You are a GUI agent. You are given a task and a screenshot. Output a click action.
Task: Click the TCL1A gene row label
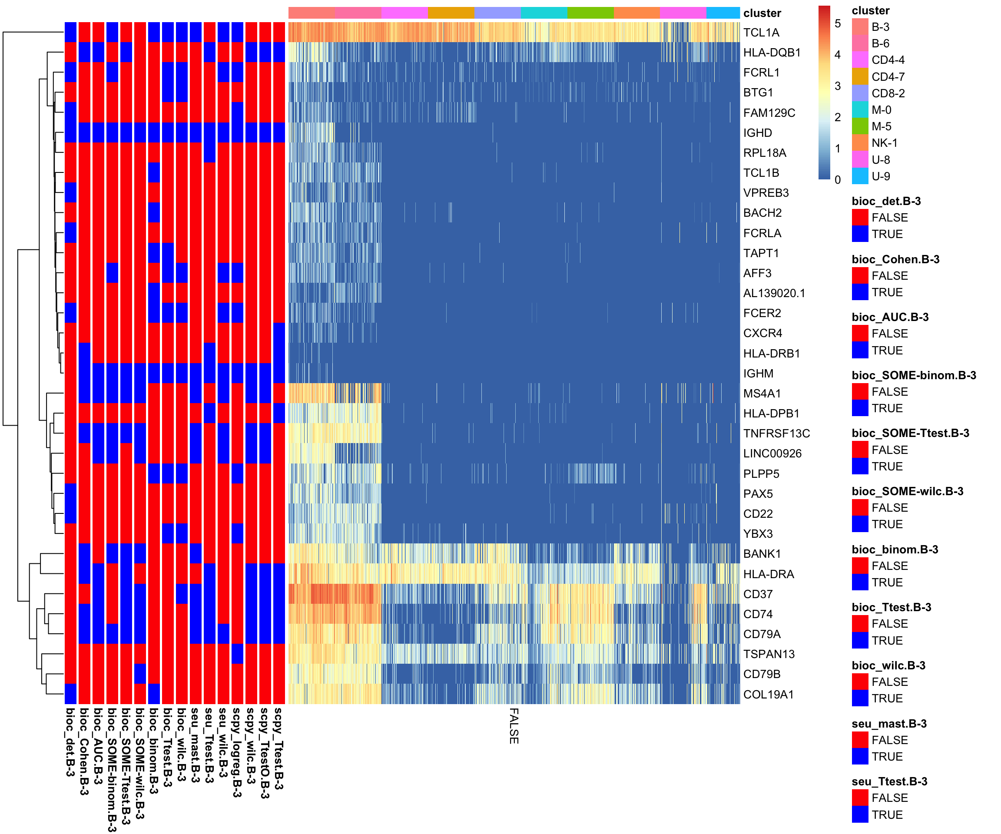[x=761, y=33]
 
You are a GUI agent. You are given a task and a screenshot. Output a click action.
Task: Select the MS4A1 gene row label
[x=762, y=394]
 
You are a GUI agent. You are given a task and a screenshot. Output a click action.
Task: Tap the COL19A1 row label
[x=769, y=695]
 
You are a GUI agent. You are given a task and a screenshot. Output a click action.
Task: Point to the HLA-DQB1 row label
[x=772, y=53]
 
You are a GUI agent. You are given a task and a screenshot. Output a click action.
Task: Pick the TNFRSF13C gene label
[x=776, y=434]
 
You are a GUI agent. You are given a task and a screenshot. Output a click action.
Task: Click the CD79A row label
[x=762, y=634]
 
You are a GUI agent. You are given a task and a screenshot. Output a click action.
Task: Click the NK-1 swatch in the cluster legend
[x=860, y=143]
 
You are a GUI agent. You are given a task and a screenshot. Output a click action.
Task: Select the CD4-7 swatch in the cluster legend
[x=860, y=77]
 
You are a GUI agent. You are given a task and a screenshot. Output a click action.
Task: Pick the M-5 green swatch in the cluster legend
[x=860, y=126]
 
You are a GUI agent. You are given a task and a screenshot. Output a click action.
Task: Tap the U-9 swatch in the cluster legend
[x=860, y=176]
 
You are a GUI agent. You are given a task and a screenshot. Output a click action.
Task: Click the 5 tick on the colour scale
[x=838, y=23]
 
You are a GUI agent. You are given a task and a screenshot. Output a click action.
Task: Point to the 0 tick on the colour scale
[x=838, y=180]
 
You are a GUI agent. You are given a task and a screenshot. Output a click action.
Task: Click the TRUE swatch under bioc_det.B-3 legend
[x=860, y=234]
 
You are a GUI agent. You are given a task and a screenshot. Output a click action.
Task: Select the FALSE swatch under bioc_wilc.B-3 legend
[x=860, y=682]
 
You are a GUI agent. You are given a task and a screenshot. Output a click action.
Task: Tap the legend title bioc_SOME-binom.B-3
[x=913, y=376]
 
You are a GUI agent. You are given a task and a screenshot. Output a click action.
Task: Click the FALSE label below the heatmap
[x=514, y=726]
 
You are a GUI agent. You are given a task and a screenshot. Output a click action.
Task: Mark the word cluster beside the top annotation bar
[x=762, y=13]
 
